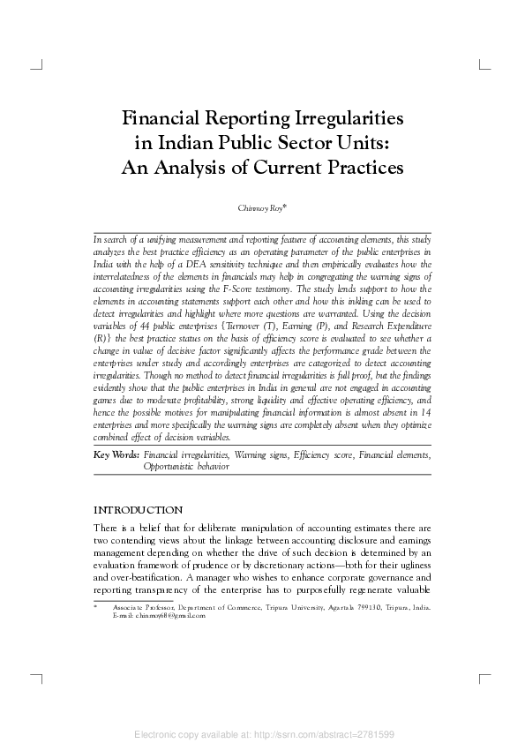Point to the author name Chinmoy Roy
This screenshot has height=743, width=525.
(262, 208)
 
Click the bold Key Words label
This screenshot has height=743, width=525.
(116, 454)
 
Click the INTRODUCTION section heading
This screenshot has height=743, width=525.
(138, 510)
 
